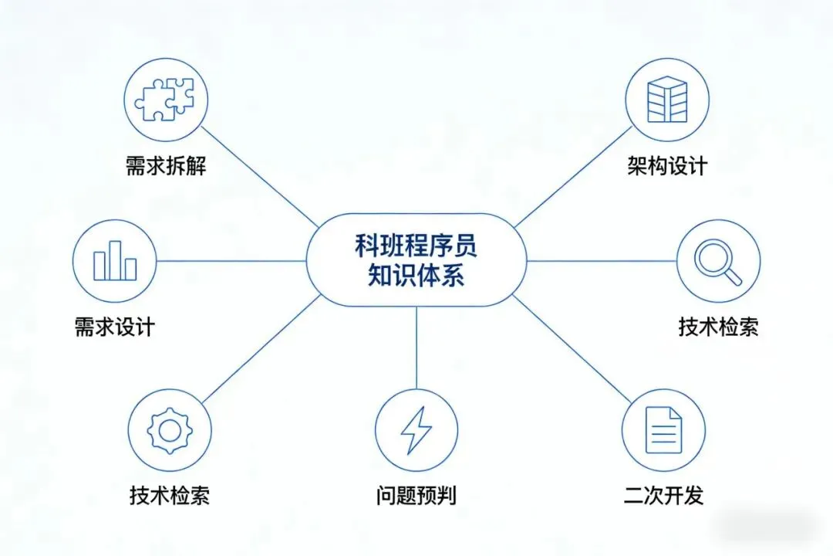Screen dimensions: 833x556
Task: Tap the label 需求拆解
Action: pyautogui.click(x=166, y=166)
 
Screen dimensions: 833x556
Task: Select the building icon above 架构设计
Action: pyautogui.click(x=666, y=100)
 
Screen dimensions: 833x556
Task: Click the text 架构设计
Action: pyautogui.click(x=666, y=166)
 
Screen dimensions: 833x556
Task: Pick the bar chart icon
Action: pyautogui.click(x=114, y=261)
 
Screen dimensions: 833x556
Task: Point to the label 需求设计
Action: pyautogui.click(x=114, y=326)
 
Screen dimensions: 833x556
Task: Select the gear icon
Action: pyautogui.click(x=169, y=431)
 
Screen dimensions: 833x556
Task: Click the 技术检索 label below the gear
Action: pyautogui.click(x=169, y=495)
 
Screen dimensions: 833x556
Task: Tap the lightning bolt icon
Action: pyautogui.click(x=416, y=431)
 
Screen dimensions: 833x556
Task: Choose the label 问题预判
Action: pyautogui.click(x=416, y=495)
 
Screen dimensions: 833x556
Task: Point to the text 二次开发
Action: pyautogui.click(x=663, y=495)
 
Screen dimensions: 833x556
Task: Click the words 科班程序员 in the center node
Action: pyautogui.click(x=416, y=246)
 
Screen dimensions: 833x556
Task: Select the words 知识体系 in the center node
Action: pyautogui.click(x=416, y=276)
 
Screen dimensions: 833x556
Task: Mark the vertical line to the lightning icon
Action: pyautogui.click(x=416, y=347)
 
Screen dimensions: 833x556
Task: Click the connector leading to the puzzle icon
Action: pyautogui.click(x=258, y=178)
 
